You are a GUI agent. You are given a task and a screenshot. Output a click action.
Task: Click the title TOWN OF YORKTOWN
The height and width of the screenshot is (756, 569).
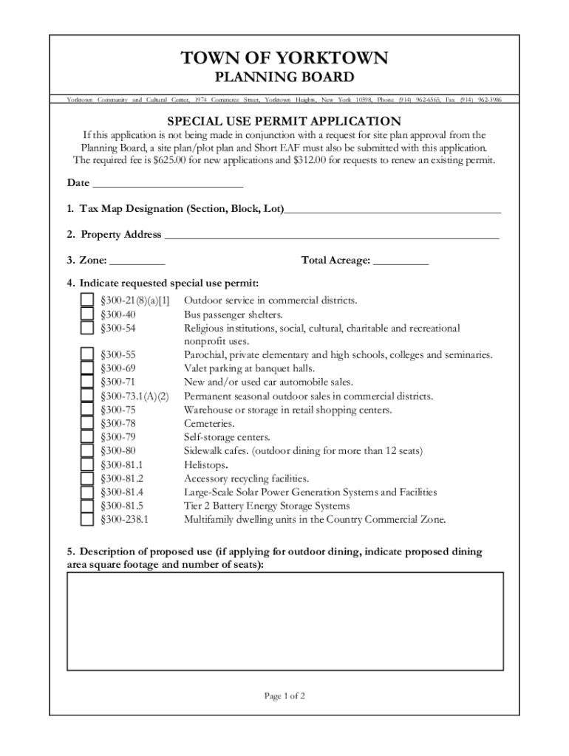(x=284, y=58)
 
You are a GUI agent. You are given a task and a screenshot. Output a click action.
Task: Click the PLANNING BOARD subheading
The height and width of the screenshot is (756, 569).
(x=284, y=78)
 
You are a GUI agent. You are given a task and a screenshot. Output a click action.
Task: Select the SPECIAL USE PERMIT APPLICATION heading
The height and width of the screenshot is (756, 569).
(x=284, y=121)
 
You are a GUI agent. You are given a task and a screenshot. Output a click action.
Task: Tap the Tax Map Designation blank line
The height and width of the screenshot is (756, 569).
(x=392, y=210)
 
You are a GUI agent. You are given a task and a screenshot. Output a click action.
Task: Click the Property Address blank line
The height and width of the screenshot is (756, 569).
(x=331, y=236)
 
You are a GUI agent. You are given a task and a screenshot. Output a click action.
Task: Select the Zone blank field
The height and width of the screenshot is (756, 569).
(x=137, y=262)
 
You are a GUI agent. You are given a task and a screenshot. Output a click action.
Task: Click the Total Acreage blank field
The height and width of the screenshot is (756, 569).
(x=401, y=262)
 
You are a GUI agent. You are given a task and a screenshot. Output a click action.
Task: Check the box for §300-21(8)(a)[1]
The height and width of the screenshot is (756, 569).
(x=87, y=300)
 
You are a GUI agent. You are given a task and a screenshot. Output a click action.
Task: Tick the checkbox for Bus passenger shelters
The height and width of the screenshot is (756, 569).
(x=87, y=315)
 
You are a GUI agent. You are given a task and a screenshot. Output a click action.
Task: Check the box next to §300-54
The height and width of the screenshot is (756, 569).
(x=87, y=328)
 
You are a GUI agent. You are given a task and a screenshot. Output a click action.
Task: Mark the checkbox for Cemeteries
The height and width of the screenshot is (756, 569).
(x=87, y=424)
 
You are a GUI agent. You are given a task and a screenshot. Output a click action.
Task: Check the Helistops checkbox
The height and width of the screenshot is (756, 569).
(x=87, y=465)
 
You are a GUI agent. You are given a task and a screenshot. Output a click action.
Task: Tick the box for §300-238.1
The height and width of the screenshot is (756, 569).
(x=87, y=520)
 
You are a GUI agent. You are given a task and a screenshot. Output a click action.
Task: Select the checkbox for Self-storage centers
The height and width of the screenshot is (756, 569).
(x=87, y=438)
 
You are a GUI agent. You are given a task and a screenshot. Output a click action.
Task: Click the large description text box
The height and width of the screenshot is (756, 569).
(x=285, y=621)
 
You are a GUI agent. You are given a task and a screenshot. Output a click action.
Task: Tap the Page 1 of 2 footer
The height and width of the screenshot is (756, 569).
(x=284, y=696)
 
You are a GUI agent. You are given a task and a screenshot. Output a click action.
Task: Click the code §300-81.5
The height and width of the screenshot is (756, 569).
(x=122, y=506)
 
